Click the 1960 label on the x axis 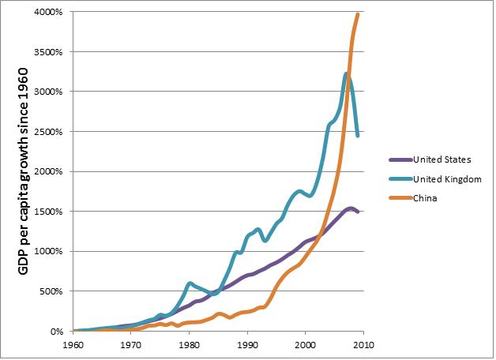point(73,345)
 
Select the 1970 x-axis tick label point(131,345)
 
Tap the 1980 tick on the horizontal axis point(190,345)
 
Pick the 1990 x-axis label point(247,345)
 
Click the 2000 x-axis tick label point(306,345)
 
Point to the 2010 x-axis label point(363,345)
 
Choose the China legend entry point(425,198)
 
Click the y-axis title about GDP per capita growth point(24,172)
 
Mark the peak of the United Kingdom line point(346,73)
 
